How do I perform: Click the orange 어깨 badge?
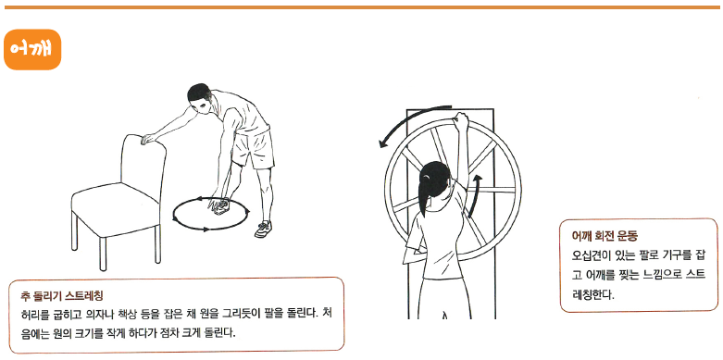tap(32, 49)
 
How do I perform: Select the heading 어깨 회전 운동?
tap(604, 237)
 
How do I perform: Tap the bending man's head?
tap(200, 98)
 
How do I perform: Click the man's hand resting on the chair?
tap(148, 138)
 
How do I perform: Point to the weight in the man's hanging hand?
tap(220, 206)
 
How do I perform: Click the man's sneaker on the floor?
tap(263, 229)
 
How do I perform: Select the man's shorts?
tap(252, 149)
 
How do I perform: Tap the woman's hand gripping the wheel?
tap(461, 119)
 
